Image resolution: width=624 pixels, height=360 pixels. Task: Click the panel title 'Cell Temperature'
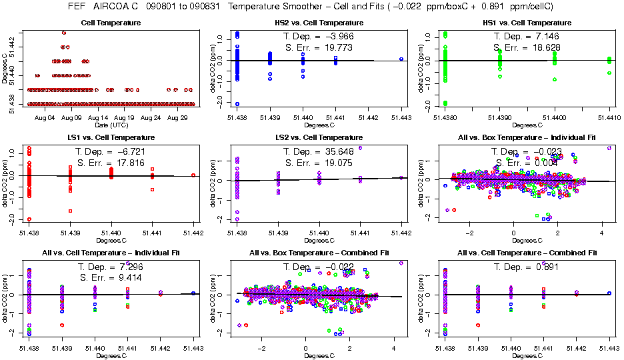(x=111, y=23)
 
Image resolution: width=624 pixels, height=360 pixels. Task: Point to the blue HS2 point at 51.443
(x=401, y=59)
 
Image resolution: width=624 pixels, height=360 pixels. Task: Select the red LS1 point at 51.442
(x=193, y=175)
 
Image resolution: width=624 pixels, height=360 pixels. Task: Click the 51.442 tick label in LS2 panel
(x=401, y=233)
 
